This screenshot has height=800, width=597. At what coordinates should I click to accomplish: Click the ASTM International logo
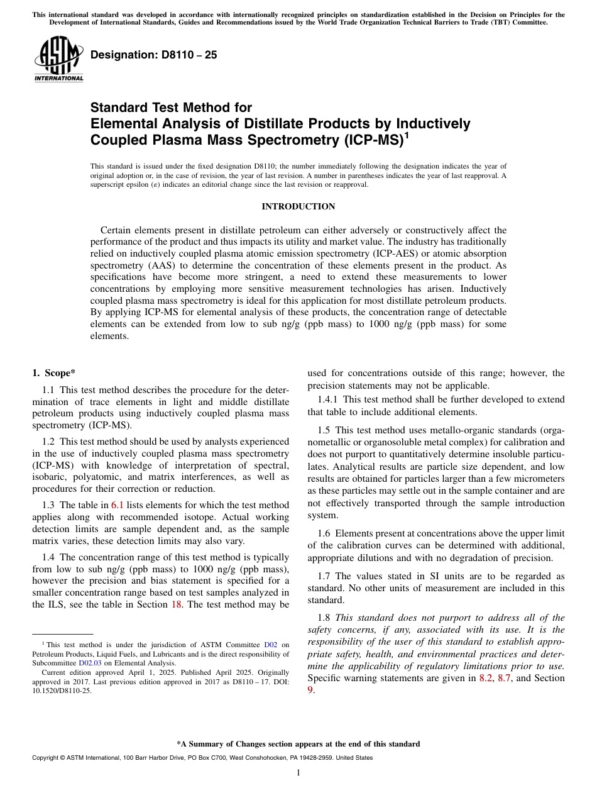tap(58, 58)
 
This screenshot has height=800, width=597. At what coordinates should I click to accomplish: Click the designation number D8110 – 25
tap(154, 55)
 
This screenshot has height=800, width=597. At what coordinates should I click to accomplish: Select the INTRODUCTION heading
tap(298, 207)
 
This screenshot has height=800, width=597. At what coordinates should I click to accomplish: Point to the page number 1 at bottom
tap(298, 773)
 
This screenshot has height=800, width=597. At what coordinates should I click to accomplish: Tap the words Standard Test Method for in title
tap(171, 108)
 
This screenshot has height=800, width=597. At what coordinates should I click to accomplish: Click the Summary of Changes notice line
tap(298, 744)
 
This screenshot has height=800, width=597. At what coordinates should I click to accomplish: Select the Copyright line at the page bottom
tap(202, 758)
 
